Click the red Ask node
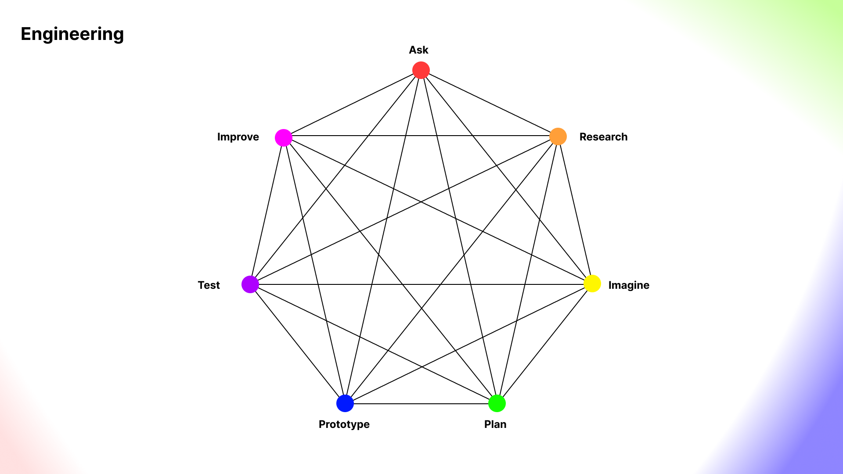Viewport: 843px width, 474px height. [x=421, y=70]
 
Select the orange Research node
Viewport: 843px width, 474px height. [x=558, y=136]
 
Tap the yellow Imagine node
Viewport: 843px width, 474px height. [x=592, y=284]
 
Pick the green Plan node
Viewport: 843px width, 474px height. [x=497, y=403]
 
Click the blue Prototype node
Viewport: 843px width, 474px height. [x=345, y=403]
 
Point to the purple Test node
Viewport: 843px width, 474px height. [x=250, y=284]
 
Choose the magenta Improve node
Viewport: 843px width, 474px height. [x=284, y=138]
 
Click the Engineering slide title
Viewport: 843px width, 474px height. [x=72, y=34]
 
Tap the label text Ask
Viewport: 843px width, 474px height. [x=418, y=50]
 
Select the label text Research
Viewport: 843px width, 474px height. [x=603, y=137]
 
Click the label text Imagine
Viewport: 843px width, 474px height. [x=628, y=285]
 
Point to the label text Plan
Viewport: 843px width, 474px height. [x=495, y=424]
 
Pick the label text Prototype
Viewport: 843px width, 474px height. [x=344, y=424]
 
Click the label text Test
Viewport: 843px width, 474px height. [x=209, y=285]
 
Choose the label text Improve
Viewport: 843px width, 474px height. [x=238, y=137]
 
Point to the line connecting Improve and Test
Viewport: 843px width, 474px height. [x=267, y=211]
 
